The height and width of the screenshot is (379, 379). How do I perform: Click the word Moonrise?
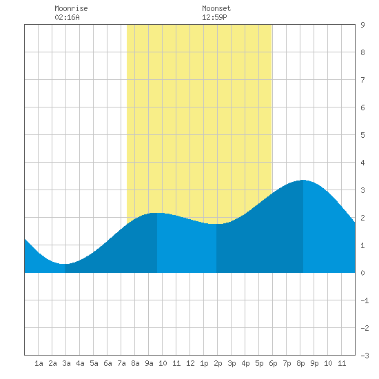click(x=71, y=8)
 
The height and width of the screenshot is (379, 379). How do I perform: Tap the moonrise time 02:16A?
click(x=67, y=17)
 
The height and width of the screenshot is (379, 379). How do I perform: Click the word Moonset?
click(x=216, y=8)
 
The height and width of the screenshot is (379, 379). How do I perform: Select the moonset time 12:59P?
click(x=214, y=17)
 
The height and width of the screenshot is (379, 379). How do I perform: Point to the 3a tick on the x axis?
click(x=66, y=363)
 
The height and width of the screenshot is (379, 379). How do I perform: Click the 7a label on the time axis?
click(x=121, y=363)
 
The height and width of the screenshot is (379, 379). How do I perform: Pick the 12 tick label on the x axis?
click(x=190, y=363)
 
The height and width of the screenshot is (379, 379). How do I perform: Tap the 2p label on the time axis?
click(x=218, y=363)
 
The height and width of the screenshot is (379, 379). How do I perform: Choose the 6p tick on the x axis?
click(x=273, y=363)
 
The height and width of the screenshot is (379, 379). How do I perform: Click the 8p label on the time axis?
click(x=300, y=363)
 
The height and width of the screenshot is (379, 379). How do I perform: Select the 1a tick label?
click(x=39, y=363)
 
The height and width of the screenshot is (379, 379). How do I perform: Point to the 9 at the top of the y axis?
click(x=362, y=25)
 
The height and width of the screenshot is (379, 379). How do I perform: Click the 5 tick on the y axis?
click(x=362, y=135)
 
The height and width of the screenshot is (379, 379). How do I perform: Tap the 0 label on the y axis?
click(x=362, y=273)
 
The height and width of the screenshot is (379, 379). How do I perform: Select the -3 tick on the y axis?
click(x=365, y=356)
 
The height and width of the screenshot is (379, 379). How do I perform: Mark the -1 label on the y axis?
click(x=365, y=300)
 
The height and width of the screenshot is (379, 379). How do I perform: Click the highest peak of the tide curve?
click(x=303, y=180)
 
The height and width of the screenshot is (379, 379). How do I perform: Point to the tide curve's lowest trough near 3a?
click(x=65, y=264)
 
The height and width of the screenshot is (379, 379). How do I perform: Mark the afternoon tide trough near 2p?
click(x=216, y=224)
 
